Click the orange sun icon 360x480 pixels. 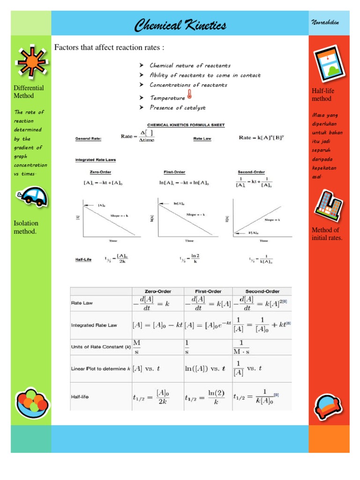[30, 61]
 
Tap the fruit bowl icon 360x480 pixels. [31, 403]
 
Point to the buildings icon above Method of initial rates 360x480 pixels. [328, 205]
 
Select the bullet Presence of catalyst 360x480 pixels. [177, 108]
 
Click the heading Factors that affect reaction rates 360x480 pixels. [110, 47]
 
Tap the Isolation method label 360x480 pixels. [26, 227]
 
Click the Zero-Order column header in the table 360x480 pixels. [157, 291]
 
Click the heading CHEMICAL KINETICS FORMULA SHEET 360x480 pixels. [186, 125]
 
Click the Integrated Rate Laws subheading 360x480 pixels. [96, 160]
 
